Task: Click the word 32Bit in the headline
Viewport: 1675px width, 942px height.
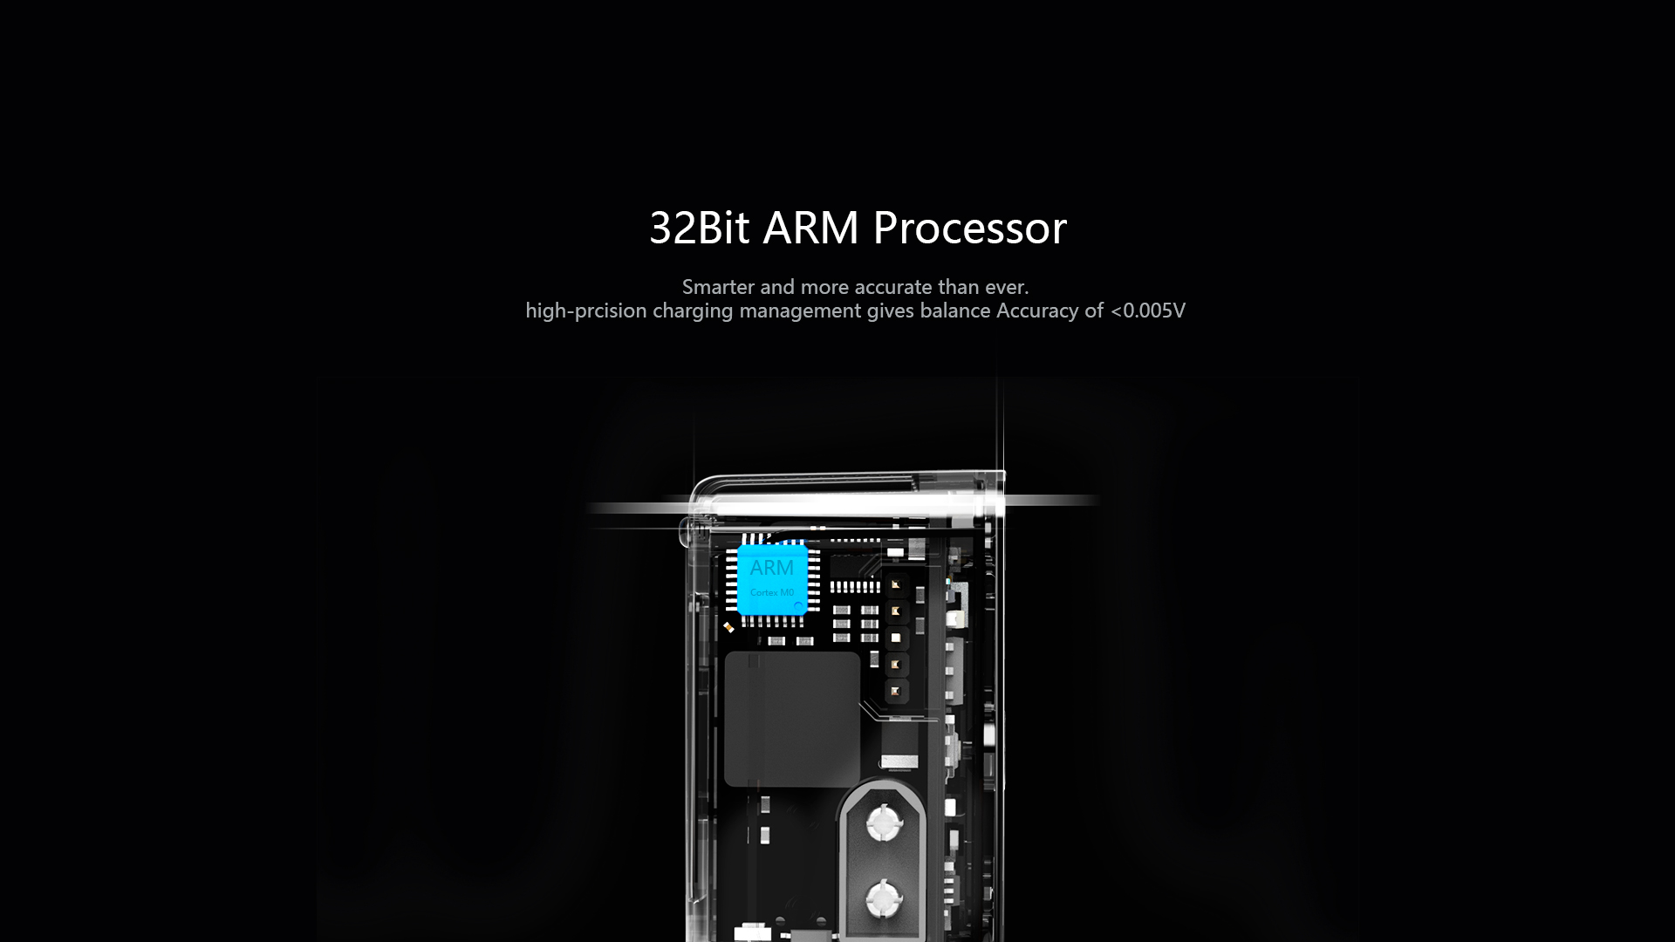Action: pyautogui.click(x=700, y=228)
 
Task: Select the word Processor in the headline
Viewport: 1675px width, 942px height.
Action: pyautogui.click(x=969, y=229)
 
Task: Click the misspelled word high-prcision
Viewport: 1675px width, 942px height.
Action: pyautogui.click(x=585, y=311)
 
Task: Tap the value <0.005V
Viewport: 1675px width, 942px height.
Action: pyautogui.click(x=1148, y=311)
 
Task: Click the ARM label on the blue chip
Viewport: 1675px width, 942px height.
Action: pyautogui.click(x=772, y=568)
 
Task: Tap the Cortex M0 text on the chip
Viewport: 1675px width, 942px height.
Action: pyautogui.click(x=772, y=592)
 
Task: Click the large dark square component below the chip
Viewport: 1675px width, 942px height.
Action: pyautogui.click(x=793, y=719)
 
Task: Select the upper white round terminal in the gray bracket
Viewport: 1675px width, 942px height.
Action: pyautogui.click(x=882, y=822)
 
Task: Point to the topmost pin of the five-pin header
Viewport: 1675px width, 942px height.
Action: pyautogui.click(x=895, y=584)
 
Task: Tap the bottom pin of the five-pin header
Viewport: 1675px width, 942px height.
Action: pyautogui.click(x=895, y=692)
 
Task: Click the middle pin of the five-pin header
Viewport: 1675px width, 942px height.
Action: pyautogui.click(x=895, y=638)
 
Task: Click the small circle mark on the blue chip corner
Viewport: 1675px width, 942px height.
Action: pyautogui.click(x=797, y=605)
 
